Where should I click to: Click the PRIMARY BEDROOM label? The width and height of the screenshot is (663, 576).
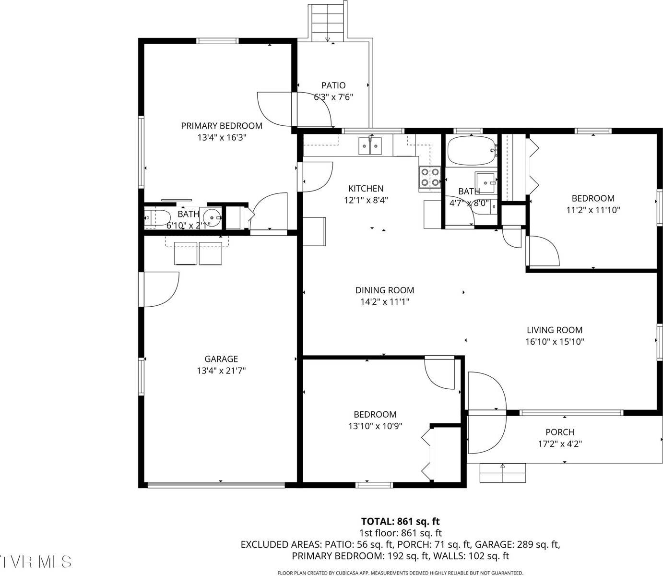[x=221, y=126]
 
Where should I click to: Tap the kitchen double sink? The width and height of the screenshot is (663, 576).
[x=370, y=146]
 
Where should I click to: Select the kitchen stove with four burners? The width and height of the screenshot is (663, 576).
[x=430, y=177]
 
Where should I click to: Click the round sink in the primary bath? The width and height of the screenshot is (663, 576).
[x=211, y=218]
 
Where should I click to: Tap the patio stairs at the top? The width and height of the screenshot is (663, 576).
[x=328, y=21]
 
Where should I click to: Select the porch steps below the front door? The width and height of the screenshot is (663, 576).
[x=502, y=473]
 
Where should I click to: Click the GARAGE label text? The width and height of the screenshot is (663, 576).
[x=221, y=359]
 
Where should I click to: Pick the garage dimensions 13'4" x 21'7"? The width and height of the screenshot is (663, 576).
[x=221, y=371]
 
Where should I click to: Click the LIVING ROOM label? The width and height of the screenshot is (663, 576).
[x=555, y=330]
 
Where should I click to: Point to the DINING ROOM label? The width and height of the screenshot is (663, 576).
[x=384, y=290]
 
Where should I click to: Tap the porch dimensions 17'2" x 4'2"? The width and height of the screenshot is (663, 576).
[x=559, y=444]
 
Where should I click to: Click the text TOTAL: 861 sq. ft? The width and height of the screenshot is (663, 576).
[x=400, y=521]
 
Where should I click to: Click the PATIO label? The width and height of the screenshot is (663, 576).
[x=333, y=85]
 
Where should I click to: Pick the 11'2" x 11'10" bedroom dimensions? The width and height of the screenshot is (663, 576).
[x=592, y=210]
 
